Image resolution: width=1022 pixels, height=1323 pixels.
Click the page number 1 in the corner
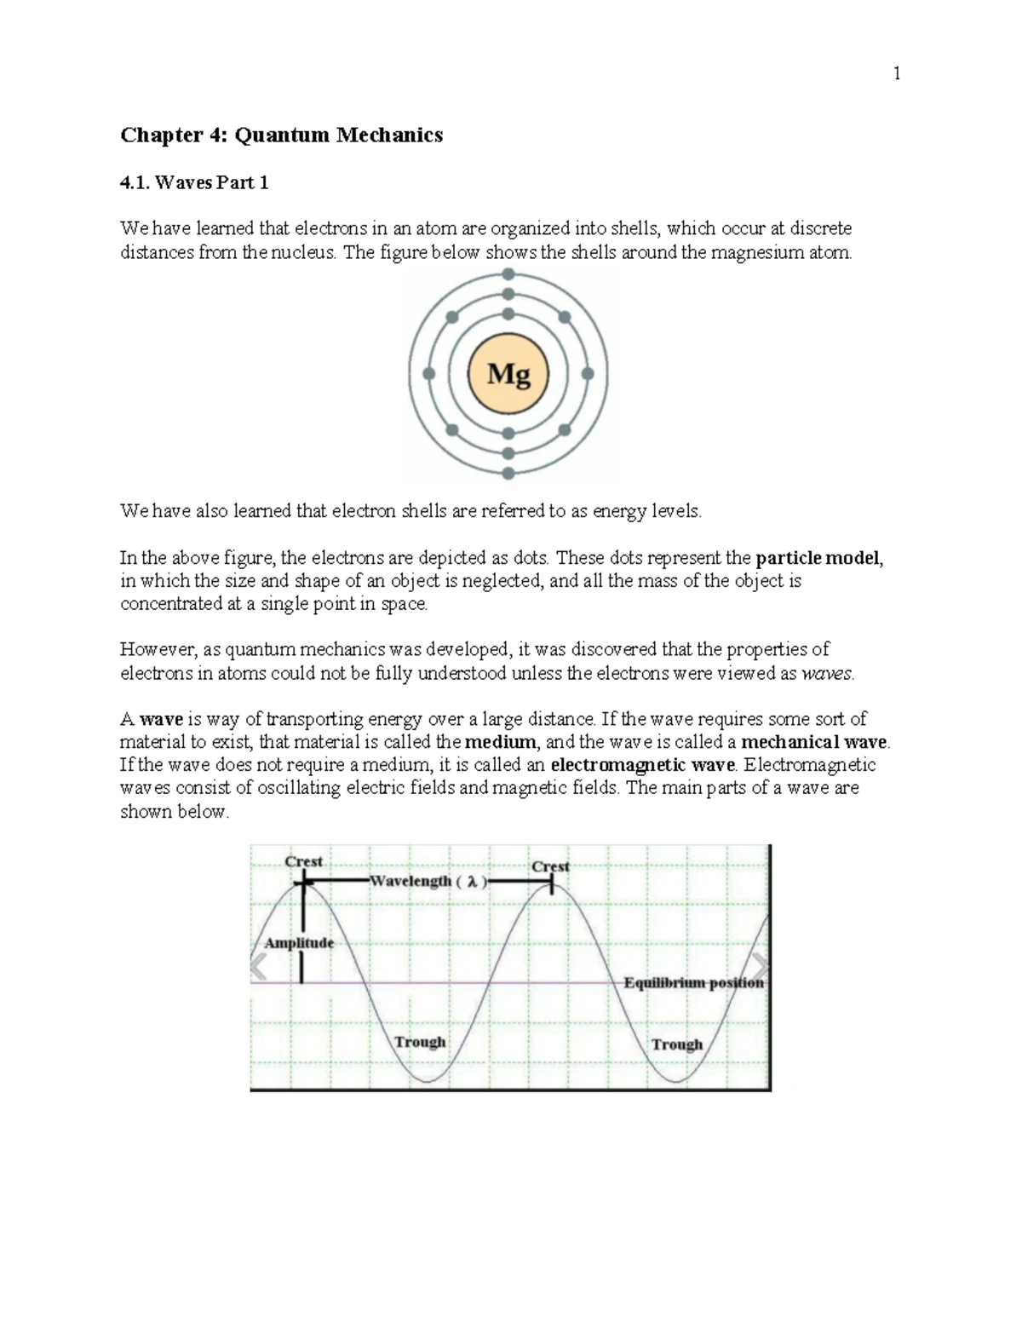pos(896,74)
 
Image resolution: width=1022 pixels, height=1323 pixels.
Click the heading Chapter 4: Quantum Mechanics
pos(281,135)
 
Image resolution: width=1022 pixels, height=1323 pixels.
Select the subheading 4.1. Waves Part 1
pos(194,182)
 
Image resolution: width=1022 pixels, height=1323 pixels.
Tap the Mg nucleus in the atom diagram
pos(508,374)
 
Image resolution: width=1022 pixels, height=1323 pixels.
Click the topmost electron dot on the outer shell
pos(508,273)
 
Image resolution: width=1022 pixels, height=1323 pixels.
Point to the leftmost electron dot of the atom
pos(429,374)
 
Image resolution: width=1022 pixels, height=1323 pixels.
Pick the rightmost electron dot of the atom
pos(588,374)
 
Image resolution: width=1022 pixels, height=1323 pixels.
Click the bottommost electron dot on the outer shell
pos(508,474)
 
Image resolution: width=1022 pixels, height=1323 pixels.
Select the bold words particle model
pos(818,559)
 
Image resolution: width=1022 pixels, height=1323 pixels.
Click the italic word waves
pos(827,674)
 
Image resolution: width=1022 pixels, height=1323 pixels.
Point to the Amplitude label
pos(299,943)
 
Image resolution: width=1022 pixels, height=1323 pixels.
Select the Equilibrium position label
pos(693,982)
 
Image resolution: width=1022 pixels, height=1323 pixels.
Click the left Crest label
pos(303,861)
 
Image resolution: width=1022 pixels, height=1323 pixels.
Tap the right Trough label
pos(677,1044)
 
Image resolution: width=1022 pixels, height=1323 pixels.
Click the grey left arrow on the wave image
pos(258,967)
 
